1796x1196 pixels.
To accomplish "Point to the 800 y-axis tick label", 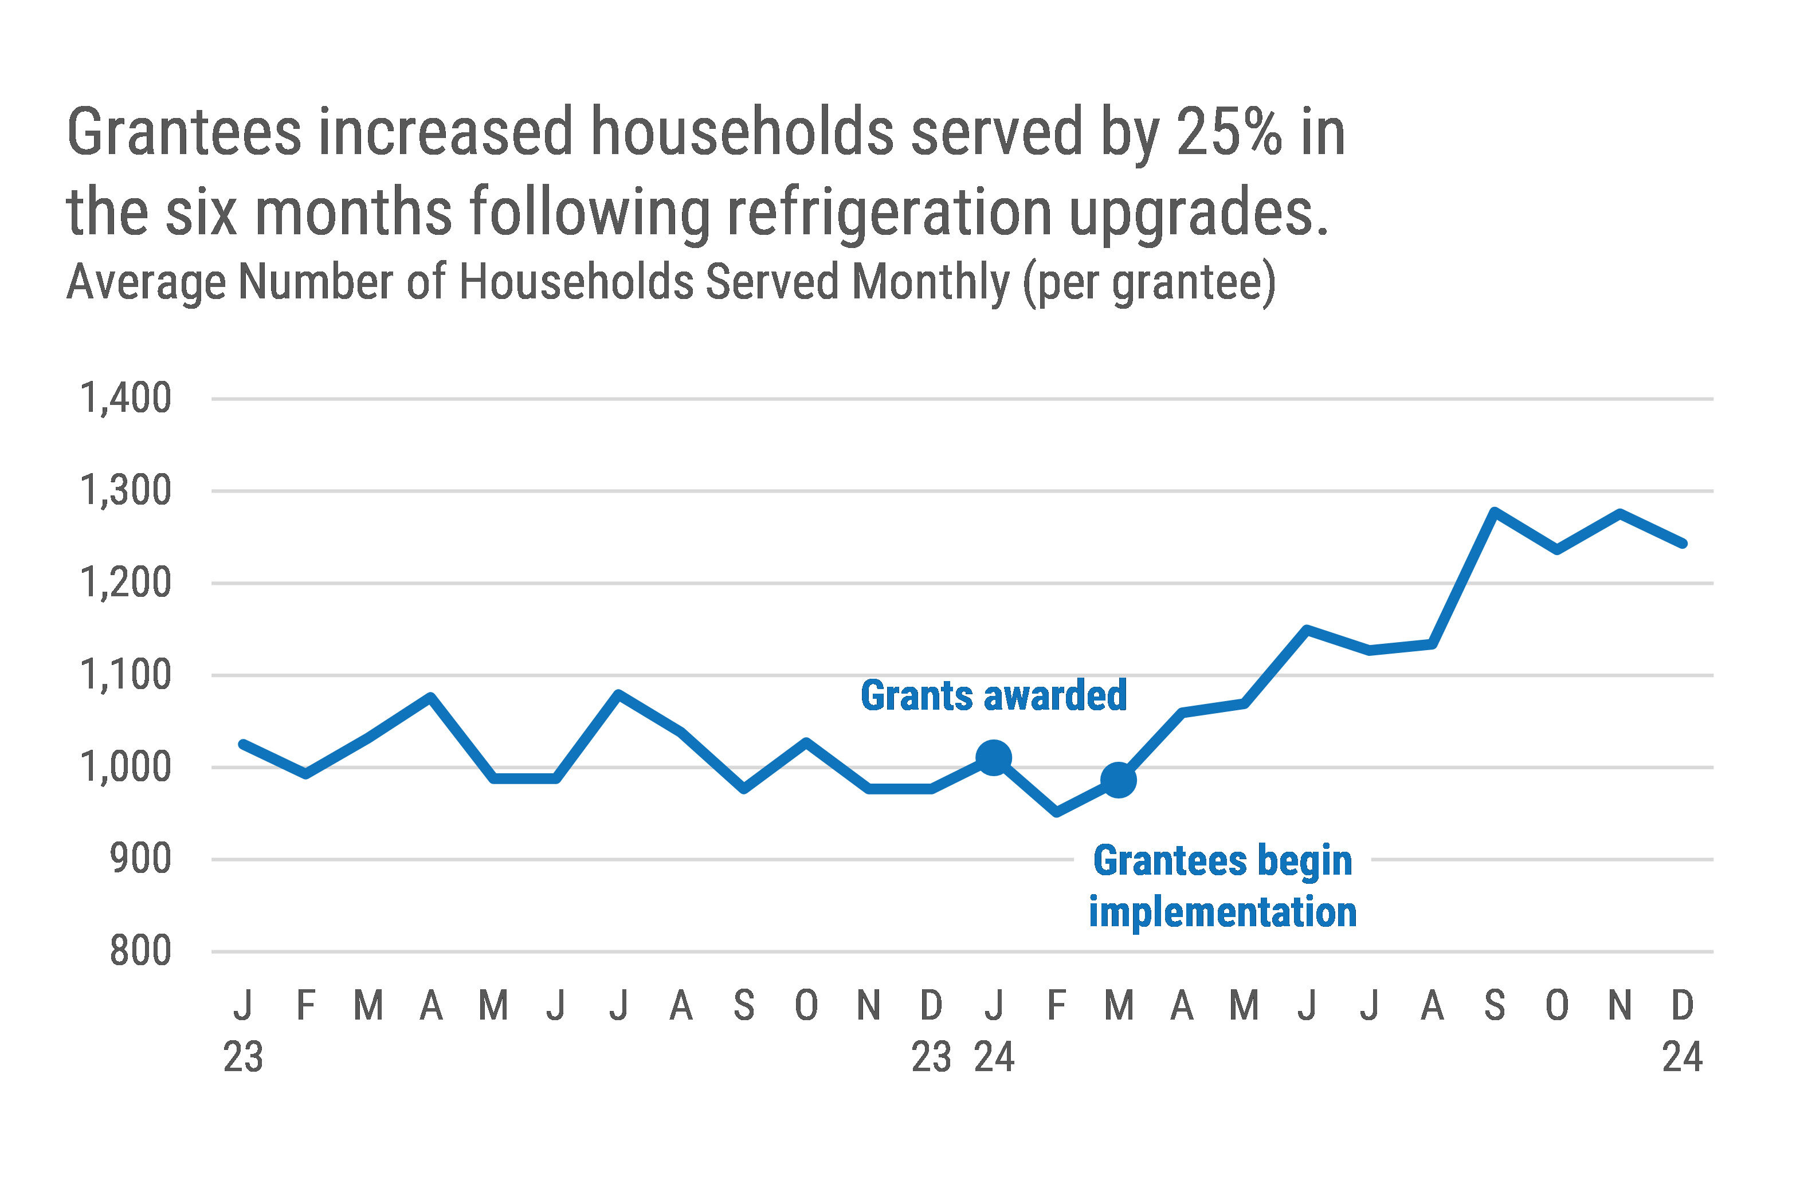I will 140,951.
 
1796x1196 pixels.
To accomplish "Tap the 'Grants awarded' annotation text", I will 993,695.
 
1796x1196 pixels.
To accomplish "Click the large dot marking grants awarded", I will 993,757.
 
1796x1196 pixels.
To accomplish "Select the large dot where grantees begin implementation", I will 1119,780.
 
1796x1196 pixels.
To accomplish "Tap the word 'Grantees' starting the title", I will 184,132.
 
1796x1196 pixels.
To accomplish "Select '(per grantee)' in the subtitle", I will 1149,282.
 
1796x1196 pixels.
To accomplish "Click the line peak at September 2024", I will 1495,510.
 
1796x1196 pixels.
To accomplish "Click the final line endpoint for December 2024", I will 1683,544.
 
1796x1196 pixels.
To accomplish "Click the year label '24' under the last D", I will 1683,1057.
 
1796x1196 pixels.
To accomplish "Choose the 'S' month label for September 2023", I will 744,1005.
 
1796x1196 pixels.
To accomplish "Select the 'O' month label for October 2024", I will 1557,1005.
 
